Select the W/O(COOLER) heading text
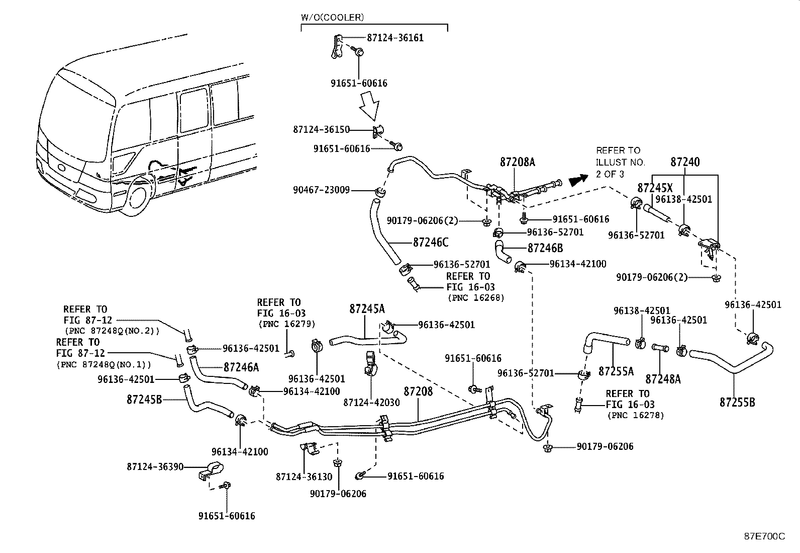tap(332, 18)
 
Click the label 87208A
tap(518, 162)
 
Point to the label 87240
tap(685, 162)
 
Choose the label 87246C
tap(431, 242)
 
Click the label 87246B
tap(545, 248)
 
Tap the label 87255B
tap(737, 402)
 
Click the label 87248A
tap(663, 379)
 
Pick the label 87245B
tap(144, 400)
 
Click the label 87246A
tap(241, 367)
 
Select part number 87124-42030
tap(371, 403)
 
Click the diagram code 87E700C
tap(764, 536)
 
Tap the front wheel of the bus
tap(138, 197)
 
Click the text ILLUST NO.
tap(620, 162)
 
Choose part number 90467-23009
tap(322, 190)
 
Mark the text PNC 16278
tap(636, 415)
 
